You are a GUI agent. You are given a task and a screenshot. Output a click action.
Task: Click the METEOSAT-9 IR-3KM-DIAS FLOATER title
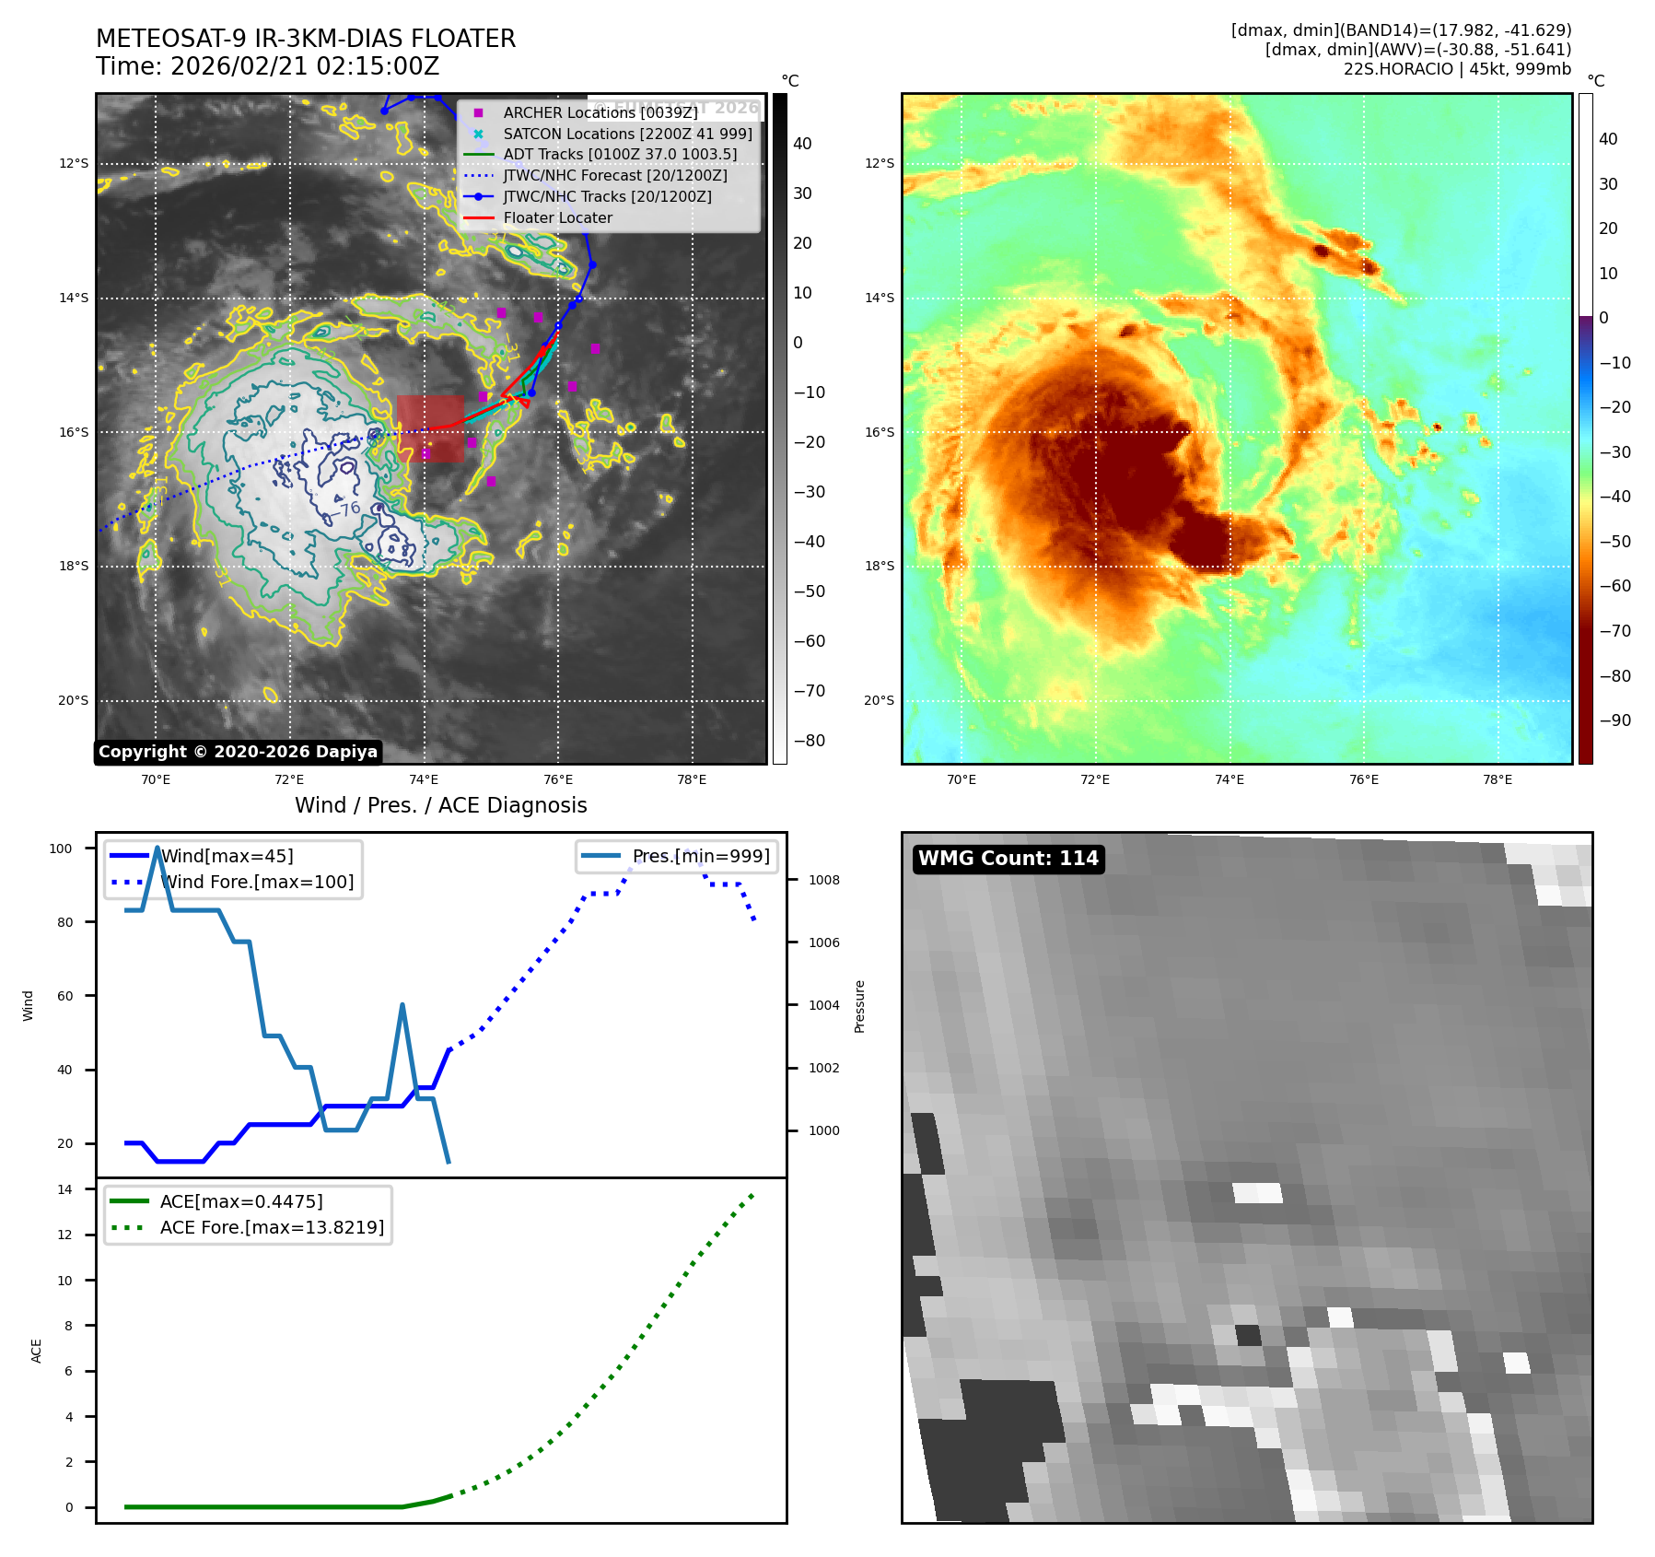tap(306, 39)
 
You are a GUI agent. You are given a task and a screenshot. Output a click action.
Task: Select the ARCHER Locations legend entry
tap(600, 112)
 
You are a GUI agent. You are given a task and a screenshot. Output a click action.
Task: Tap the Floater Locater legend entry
tap(557, 217)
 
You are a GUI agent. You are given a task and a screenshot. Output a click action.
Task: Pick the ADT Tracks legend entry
tap(620, 154)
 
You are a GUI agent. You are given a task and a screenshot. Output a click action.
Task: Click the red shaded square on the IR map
tap(430, 428)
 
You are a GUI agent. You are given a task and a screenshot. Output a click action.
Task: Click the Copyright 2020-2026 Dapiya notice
tap(238, 752)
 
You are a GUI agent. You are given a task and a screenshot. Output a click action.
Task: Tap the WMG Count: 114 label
tap(1008, 859)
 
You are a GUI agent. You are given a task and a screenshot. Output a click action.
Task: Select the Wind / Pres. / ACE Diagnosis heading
tap(440, 805)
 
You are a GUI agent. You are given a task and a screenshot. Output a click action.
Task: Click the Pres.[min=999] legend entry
tap(700, 856)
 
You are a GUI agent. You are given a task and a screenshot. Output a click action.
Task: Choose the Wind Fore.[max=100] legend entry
tap(257, 882)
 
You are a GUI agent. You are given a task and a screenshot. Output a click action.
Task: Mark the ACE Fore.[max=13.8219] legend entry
tap(272, 1227)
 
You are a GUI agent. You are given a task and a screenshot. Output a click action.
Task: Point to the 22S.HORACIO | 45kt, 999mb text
tap(1457, 69)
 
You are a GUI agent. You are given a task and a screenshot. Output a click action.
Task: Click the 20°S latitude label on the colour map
tap(879, 700)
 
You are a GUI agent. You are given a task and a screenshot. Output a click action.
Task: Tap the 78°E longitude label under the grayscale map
tap(692, 779)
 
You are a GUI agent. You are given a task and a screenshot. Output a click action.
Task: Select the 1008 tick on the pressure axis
tap(823, 880)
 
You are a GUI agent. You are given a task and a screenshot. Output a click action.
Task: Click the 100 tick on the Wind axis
tap(61, 849)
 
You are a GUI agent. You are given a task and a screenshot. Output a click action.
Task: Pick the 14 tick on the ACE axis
tap(64, 1189)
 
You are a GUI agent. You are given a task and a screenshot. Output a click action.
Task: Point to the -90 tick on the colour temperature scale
tap(1614, 720)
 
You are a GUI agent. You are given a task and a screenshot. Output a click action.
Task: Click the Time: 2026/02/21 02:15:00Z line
tap(267, 66)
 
